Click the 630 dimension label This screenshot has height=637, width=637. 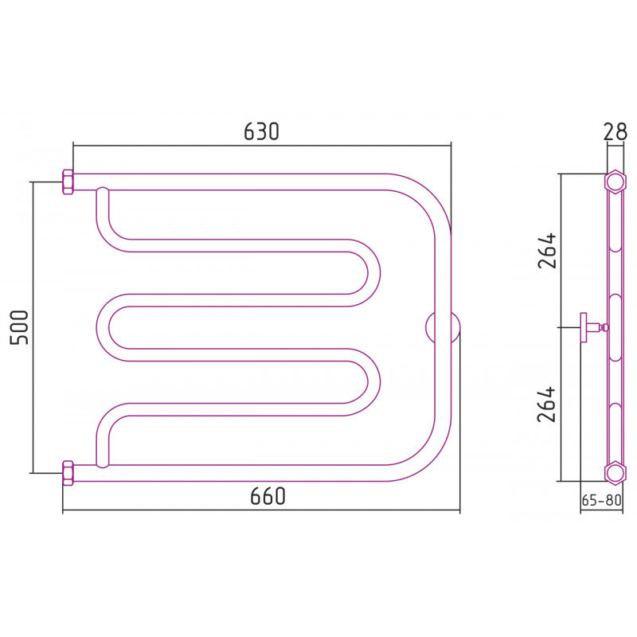click(261, 131)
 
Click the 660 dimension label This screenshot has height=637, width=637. click(268, 495)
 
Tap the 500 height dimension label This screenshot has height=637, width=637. click(19, 327)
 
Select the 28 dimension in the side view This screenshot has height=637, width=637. click(615, 131)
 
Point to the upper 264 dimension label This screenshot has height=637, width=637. click(546, 250)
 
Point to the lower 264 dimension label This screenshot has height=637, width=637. click(546, 404)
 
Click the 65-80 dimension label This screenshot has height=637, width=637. click(602, 500)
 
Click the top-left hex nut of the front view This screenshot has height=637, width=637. click(68, 182)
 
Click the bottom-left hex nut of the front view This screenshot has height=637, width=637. click(68, 473)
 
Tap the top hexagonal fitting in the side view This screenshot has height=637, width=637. click(615, 182)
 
